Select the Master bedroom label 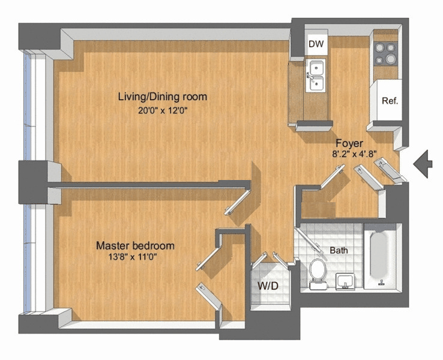pyautogui.click(x=135, y=245)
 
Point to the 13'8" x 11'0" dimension pyautogui.click(x=135, y=257)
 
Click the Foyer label pyautogui.click(x=348, y=143)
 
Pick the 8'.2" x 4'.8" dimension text pyautogui.click(x=355, y=154)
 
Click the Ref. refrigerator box pyautogui.click(x=390, y=100)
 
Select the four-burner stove pyautogui.click(x=385, y=53)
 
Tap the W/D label pyautogui.click(x=268, y=286)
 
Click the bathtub pyautogui.click(x=381, y=257)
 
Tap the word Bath pyautogui.click(x=339, y=250)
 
